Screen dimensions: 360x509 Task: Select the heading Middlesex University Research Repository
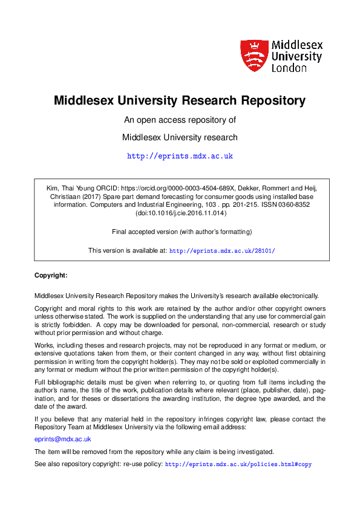click(x=180, y=100)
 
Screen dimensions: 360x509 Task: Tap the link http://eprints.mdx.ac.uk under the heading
click(x=180, y=156)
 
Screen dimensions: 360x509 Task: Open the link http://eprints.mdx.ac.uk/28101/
click(x=222, y=250)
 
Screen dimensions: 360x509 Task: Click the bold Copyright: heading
click(x=51, y=275)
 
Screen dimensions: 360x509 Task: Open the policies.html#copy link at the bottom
click(x=238, y=465)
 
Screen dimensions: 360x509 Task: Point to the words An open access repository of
click(x=180, y=120)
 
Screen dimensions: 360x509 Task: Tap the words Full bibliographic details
click(x=71, y=382)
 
